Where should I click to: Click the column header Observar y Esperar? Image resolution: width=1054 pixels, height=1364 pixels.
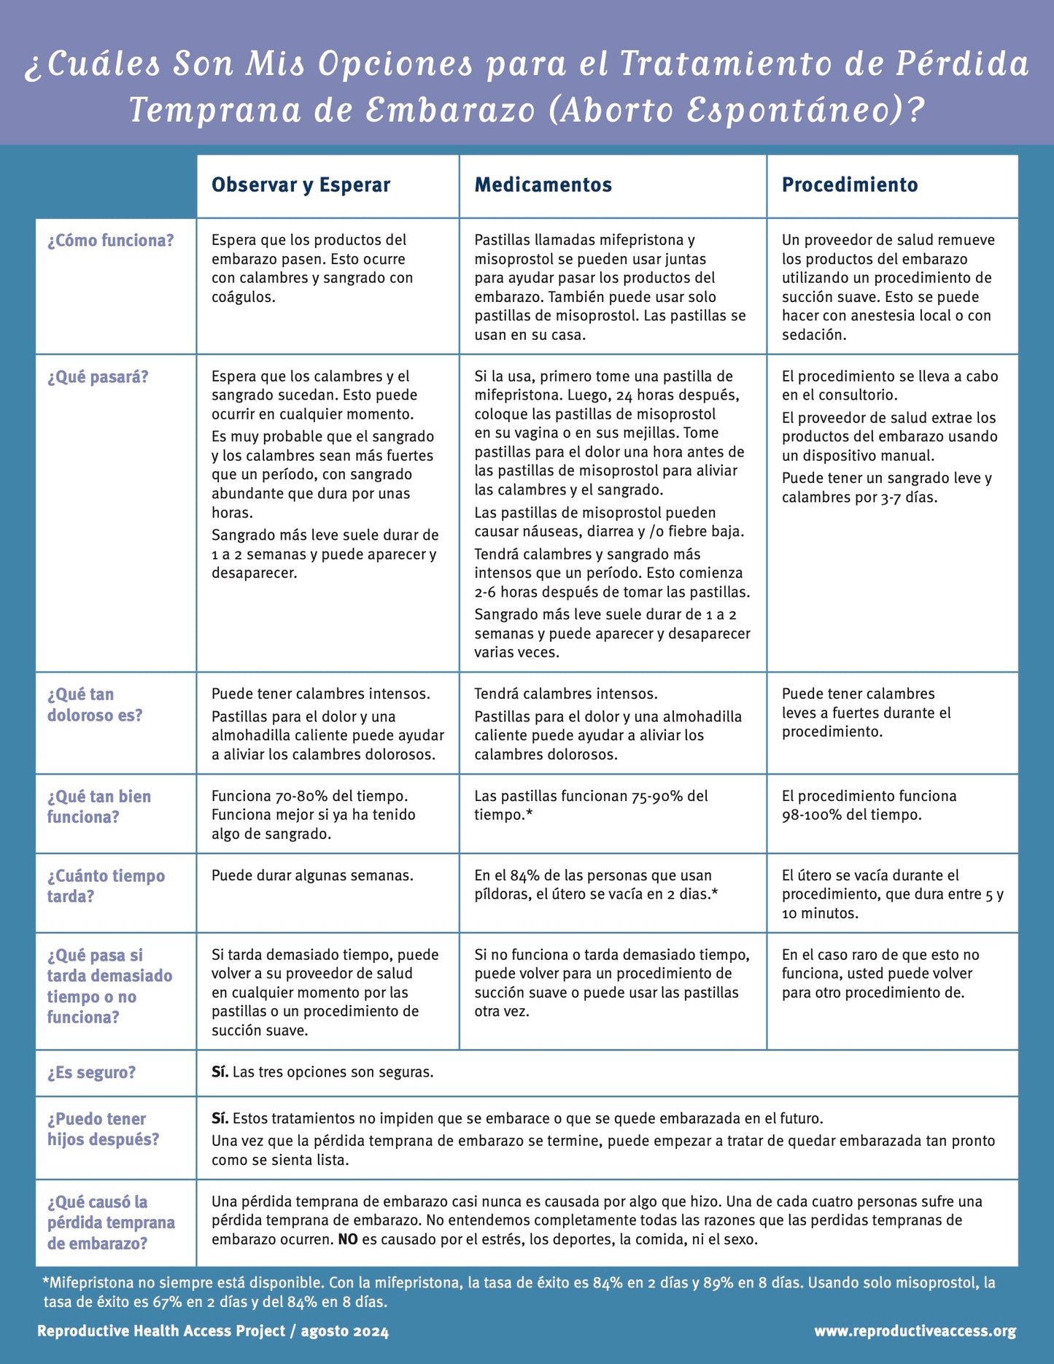point(301,185)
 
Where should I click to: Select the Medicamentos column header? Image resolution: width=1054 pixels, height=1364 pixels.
point(543,185)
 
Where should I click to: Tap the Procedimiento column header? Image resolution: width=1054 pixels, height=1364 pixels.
point(850,185)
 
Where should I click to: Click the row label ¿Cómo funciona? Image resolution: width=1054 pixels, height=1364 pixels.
point(111,241)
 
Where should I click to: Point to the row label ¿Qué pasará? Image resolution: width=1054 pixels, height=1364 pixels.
point(98,377)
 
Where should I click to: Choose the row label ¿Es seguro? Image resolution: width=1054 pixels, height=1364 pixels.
point(92,1073)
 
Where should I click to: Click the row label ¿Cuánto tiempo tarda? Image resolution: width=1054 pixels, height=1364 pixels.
point(106,886)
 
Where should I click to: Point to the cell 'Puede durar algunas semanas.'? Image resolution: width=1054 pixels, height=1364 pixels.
point(312,875)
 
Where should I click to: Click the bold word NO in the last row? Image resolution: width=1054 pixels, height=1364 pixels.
point(348,1239)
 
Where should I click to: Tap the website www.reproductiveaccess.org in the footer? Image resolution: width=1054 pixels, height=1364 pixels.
point(915,1331)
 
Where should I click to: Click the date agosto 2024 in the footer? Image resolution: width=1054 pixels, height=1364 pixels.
point(345,1331)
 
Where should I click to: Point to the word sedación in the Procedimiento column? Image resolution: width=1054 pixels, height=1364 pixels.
point(813,336)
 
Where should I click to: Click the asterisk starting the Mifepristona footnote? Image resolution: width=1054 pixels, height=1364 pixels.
point(45,1282)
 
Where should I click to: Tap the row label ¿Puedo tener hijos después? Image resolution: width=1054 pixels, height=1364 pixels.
point(103,1129)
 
